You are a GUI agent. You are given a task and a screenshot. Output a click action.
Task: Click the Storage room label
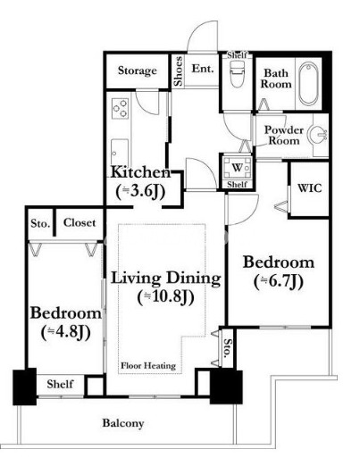pyautogui.click(x=138, y=71)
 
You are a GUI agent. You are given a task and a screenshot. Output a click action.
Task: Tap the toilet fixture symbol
pyautogui.click(x=238, y=74)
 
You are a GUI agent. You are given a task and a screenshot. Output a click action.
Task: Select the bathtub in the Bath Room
pyautogui.click(x=308, y=84)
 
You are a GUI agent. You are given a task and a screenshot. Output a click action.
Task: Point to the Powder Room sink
pyautogui.click(x=317, y=135)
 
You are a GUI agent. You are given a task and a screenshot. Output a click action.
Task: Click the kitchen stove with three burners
pyautogui.click(x=121, y=109)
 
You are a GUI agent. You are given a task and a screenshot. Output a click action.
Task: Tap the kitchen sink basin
pyautogui.click(x=120, y=152)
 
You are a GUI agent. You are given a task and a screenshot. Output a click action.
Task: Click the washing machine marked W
pyautogui.click(x=238, y=168)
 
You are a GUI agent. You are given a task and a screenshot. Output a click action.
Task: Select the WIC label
pyautogui.click(x=309, y=188)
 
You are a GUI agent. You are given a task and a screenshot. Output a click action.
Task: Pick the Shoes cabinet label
pyautogui.click(x=179, y=71)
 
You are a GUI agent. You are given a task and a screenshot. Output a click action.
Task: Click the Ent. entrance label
pyautogui.click(x=203, y=69)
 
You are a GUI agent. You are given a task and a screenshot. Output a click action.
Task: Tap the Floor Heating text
pyautogui.click(x=148, y=365)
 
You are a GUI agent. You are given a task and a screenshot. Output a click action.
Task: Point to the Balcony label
pyautogui.click(x=123, y=423)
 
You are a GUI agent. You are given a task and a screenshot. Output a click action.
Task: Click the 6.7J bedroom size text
pyautogui.click(x=279, y=281)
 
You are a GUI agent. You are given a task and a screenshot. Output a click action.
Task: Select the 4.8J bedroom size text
pyautogui.click(x=65, y=332)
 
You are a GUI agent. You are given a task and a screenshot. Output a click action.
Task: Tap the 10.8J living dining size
pyautogui.click(x=166, y=296)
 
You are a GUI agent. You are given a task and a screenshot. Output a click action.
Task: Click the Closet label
pyautogui.click(x=80, y=222)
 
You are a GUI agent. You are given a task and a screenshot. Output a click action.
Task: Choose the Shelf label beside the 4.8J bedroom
pyautogui.click(x=60, y=384)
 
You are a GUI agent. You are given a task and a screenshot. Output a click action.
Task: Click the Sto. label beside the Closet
pyautogui.click(x=40, y=223)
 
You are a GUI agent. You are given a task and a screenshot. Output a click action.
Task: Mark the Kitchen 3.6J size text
pyautogui.click(x=140, y=192)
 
